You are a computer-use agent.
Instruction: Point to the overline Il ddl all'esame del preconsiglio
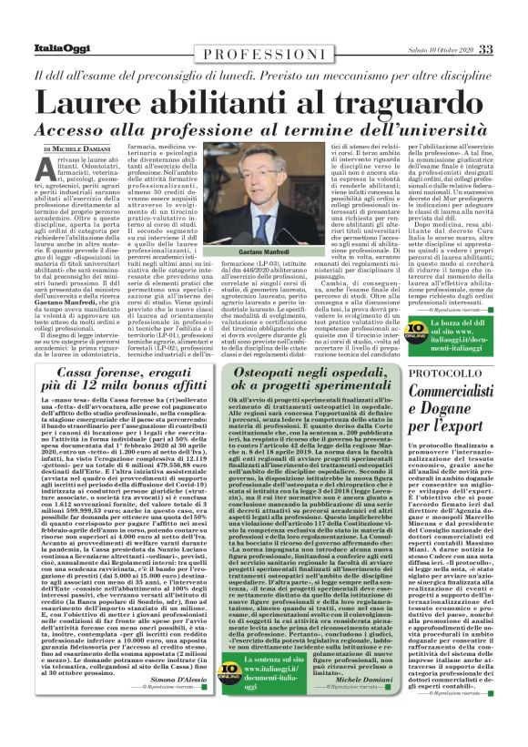264,77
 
